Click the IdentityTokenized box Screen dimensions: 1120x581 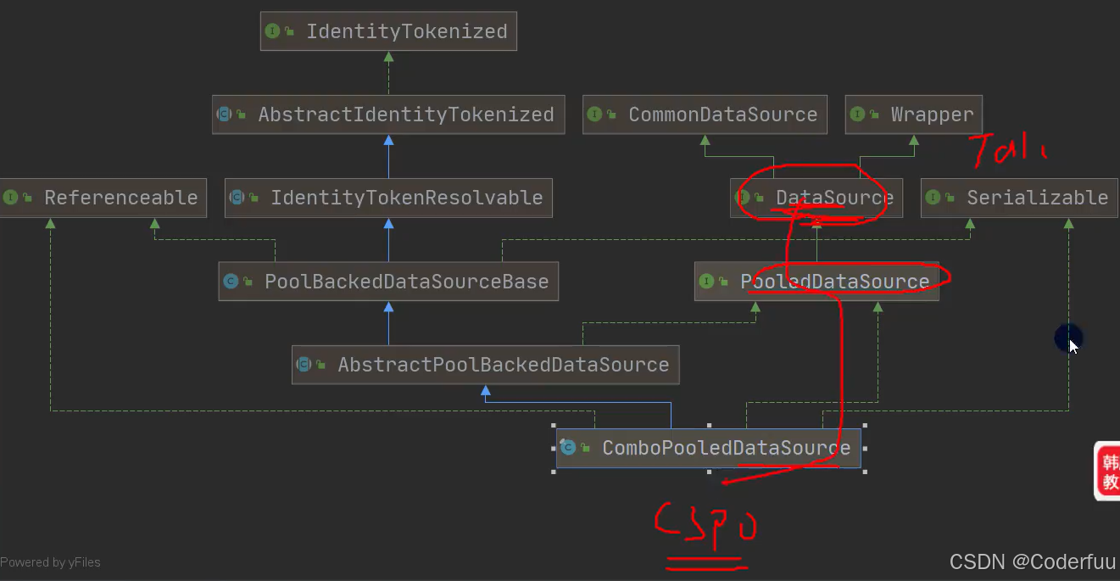tap(388, 31)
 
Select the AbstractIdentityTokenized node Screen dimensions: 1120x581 tap(388, 115)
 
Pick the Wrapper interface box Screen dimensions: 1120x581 tap(913, 115)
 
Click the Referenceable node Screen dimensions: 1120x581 tap(103, 198)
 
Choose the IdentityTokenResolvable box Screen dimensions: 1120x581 tap(388, 198)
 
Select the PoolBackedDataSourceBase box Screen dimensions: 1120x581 tap(388, 282)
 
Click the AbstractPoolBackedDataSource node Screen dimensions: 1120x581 tap(485, 365)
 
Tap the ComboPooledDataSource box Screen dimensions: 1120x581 tap(708, 448)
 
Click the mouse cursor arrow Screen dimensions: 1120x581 tap(1073, 345)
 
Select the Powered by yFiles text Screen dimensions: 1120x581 tap(50, 562)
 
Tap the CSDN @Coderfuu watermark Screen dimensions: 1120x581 tap(1032, 561)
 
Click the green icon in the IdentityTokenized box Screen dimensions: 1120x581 tap(272, 31)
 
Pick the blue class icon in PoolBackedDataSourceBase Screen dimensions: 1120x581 tap(231, 282)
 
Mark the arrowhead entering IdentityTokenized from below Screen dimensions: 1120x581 tap(388, 58)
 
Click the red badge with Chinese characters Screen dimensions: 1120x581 tap(1108, 471)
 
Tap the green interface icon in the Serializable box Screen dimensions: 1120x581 tap(933, 198)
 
